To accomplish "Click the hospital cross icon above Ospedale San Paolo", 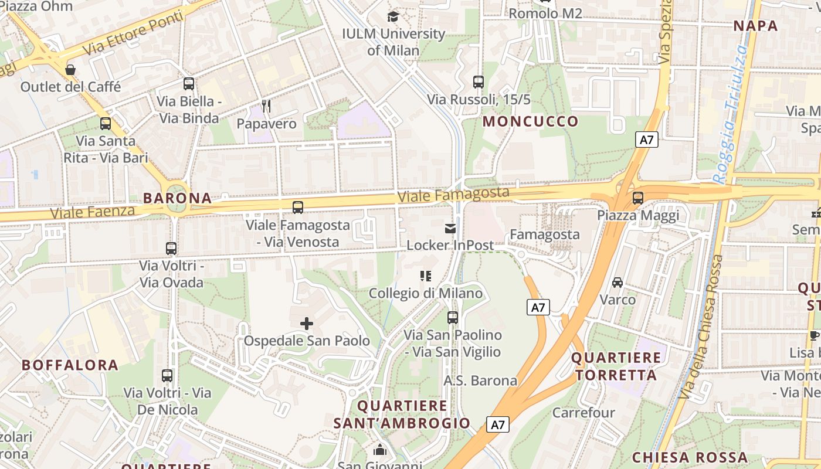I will (306, 324).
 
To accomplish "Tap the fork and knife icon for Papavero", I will (266, 106).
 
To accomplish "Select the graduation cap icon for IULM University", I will (393, 16).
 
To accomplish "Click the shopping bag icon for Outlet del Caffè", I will (70, 70).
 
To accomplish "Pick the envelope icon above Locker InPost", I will (450, 229).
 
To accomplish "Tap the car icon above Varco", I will (618, 283).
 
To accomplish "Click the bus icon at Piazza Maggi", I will (638, 198).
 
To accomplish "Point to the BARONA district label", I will (177, 198).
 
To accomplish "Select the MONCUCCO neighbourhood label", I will (530, 122).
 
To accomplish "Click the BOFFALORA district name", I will (70, 365).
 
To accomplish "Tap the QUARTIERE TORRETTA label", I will (616, 366).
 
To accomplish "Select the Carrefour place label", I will (583, 413).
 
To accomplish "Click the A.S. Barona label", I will (480, 380).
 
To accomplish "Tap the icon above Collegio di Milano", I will (426, 276).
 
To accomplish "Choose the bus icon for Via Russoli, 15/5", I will (479, 82).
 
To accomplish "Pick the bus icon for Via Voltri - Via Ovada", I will (171, 249).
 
